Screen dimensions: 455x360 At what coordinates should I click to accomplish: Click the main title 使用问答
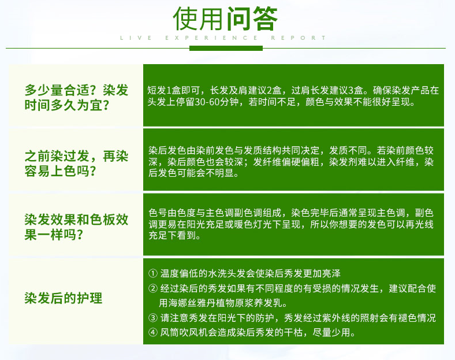pyautogui.click(x=225, y=18)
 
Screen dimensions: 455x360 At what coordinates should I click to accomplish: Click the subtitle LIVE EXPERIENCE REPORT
pyautogui.click(x=223, y=38)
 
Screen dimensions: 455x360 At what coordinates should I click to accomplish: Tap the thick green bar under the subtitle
pyautogui.click(x=226, y=48)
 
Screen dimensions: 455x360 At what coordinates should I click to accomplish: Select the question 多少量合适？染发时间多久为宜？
pyautogui.click(x=76, y=98)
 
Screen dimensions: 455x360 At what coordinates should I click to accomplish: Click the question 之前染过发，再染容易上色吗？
pyautogui.click(x=76, y=164)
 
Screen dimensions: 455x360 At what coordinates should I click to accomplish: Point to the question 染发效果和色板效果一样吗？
pyautogui.click(x=76, y=227)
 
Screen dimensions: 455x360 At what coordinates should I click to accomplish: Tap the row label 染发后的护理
pyautogui.click(x=64, y=298)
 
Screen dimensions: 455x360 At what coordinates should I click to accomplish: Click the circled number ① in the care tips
pyautogui.click(x=153, y=273)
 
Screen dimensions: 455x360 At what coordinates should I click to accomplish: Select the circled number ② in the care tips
pyautogui.click(x=153, y=288)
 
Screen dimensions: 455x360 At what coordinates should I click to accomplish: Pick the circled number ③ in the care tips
pyautogui.click(x=153, y=318)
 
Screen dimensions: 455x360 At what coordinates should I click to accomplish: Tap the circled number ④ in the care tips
pyautogui.click(x=153, y=332)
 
